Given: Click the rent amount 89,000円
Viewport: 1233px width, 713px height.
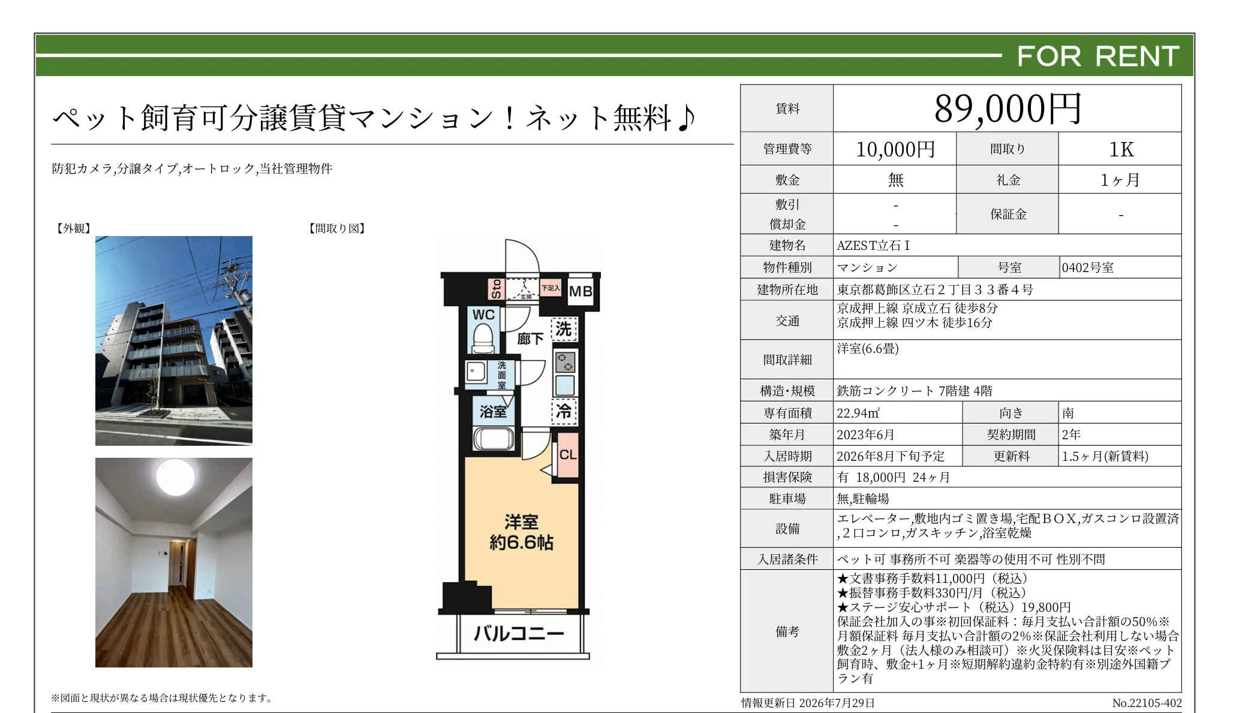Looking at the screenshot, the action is (1008, 109).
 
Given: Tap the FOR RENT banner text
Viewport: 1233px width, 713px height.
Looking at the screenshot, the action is (1098, 56).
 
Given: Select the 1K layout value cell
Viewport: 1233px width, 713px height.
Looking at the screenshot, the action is (1121, 149).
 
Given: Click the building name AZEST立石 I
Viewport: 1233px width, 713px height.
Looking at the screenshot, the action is (873, 245).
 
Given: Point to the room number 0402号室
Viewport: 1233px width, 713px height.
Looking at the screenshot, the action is (1087, 267).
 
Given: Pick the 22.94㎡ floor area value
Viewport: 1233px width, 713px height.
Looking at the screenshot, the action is (858, 413).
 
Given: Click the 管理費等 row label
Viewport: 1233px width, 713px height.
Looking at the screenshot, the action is (787, 149).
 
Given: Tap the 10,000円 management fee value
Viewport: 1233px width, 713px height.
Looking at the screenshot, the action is (895, 149).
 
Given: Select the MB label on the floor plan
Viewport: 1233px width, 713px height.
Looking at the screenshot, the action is (580, 291).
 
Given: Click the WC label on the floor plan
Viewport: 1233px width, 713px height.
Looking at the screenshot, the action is (483, 315).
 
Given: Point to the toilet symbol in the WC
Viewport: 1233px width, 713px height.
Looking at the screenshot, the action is (483, 339).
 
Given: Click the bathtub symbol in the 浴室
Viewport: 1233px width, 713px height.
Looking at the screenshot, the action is (494, 439).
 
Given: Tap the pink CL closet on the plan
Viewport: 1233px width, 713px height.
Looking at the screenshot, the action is (568, 455).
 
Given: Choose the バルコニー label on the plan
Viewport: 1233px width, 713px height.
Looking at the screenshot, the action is (519, 633).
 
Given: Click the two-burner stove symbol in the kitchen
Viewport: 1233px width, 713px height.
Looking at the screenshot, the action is (565, 362).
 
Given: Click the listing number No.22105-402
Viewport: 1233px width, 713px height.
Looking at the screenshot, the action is (1147, 703).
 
